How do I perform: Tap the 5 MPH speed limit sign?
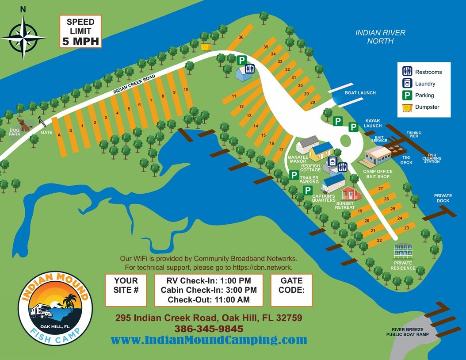pyautogui.click(x=80, y=31)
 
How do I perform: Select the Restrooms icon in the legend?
pyautogui.click(x=407, y=72)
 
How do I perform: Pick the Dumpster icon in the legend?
pyautogui.click(x=407, y=107)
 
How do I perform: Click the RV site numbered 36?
pyautogui.click(x=241, y=38)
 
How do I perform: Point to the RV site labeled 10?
pyautogui.click(x=186, y=89)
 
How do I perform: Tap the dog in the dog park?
pyautogui.click(x=24, y=124)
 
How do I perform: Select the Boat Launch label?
pyautogui.click(x=360, y=93)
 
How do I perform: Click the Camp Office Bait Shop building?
pyautogui.click(x=378, y=155)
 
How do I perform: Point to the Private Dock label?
pyautogui.click(x=443, y=198)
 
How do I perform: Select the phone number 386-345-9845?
pyautogui.click(x=209, y=329)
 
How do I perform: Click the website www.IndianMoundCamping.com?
pyautogui.click(x=209, y=340)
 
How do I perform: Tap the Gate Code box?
pyautogui.click(x=291, y=290)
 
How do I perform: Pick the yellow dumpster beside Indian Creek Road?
pyautogui.click(x=205, y=46)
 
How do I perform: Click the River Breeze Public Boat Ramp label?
pyautogui.click(x=408, y=332)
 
